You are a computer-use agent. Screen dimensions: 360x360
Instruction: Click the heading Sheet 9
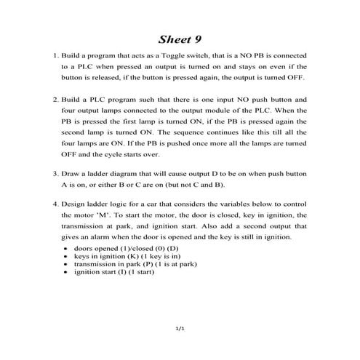[180, 38]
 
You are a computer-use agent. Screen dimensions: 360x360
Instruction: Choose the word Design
[74, 205]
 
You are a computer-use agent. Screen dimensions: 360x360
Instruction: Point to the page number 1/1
[180, 329]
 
